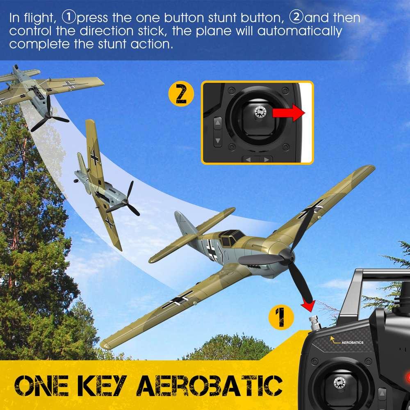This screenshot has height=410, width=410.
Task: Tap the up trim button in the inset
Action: tap(218, 122)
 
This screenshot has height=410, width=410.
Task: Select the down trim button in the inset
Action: tap(218, 141)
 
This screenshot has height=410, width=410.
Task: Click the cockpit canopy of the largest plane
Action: tap(232, 237)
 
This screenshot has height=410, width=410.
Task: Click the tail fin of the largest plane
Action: tap(182, 223)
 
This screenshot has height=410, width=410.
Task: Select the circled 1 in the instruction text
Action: tap(68, 17)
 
